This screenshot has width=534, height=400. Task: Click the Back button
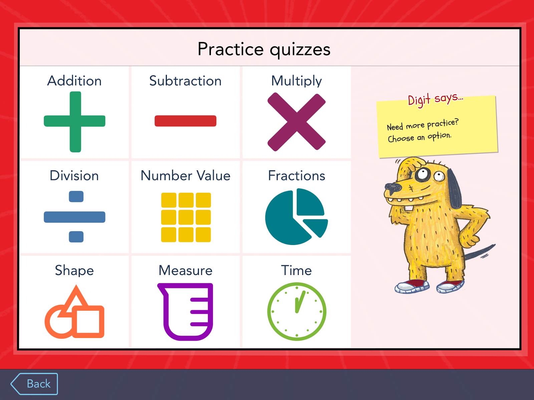click(x=34, y=384)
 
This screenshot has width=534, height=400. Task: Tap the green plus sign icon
click(x=75, y=121)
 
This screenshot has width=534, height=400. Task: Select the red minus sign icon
click(x=185, y=121)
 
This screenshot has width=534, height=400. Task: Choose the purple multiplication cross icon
click(x=296, y=122)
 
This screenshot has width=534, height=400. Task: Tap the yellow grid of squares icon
click(x=186, y=217)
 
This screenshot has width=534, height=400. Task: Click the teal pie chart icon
click(x=296, y=217)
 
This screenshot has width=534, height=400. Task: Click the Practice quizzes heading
click(x=264, y=49)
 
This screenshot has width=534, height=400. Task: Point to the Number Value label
click(x=185, y=176)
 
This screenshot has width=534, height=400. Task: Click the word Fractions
click(x=297, y=176)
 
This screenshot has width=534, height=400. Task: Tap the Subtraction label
click(x=185, y=81)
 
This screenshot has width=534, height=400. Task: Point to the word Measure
click(x=185, y=270)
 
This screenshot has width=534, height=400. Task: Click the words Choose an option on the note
click(x=420, y=137)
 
